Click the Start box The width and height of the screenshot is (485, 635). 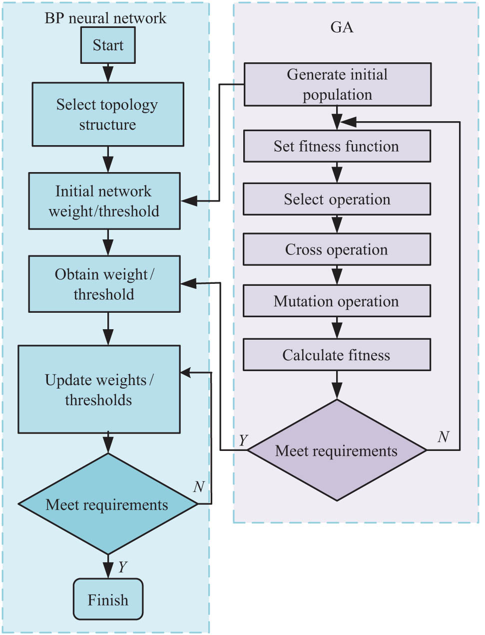click(108, 45)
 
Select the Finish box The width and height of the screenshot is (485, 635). click(108, 599)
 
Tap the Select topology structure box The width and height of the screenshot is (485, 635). click(108, 114)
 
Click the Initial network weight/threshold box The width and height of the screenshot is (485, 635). click(104, 201)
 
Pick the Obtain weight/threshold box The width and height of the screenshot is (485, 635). click(104, 284)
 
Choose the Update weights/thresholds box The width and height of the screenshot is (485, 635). click(99, 389)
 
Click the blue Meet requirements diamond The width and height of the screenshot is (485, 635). click(108, 504)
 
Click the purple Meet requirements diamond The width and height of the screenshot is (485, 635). click(337, 450)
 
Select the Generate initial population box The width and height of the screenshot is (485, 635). click(337, 84)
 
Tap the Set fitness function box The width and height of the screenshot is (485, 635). click(337, 146)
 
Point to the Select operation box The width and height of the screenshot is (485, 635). click(337, 199)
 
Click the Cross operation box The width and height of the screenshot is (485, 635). click(337, 249)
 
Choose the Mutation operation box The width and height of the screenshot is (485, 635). click(337, 301)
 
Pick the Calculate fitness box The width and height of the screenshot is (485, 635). click(337, 355)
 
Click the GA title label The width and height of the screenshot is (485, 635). click(342, 27)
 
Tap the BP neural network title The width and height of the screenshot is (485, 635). click(105, 18)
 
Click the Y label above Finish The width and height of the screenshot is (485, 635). click(122, 567)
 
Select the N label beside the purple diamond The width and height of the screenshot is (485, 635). click(443, 437)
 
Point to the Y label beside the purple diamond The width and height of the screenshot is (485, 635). click(243, 440)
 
